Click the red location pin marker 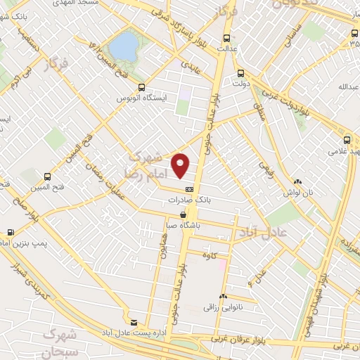point(181,165)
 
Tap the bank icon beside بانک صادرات point(189,189)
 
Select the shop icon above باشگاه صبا point(184,214)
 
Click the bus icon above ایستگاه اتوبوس point(142,88)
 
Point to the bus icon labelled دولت point(241,72)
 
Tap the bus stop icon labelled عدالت point(226,38)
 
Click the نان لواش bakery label point(297,192)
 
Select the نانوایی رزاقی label point(223,307)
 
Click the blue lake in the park point(124,46)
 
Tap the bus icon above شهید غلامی point(347,139)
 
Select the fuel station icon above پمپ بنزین point(11,231)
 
